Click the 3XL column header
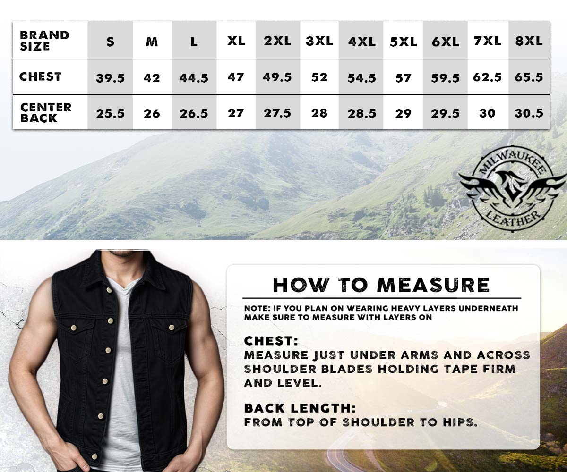point(319,42)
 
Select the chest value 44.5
point(194,78)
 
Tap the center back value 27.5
point(277,113)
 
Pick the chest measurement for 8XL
point(529,77)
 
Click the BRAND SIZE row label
point(44,41)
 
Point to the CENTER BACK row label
point(46,113)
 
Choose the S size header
point(110,42)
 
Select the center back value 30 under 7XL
point(487,113)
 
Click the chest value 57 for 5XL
point(403,78)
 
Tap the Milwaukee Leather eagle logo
point(512,193)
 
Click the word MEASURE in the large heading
point(433,285)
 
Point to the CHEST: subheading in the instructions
point(271,341)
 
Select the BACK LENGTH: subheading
point(300,408)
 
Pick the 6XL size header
point(446,42)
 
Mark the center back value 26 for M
point(152,113)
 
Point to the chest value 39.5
point(110,78)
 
